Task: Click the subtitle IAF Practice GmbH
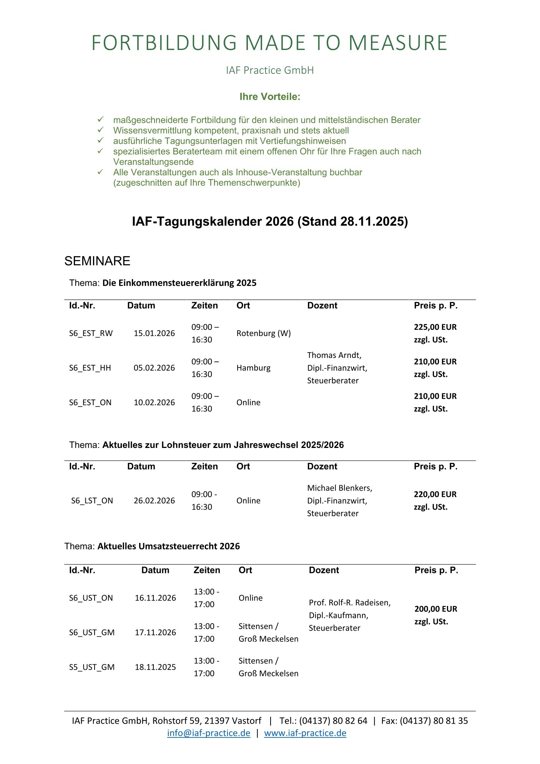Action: tap(270, 70)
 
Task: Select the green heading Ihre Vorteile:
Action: tap(270, 97)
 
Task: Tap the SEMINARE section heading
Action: tap(97, 261)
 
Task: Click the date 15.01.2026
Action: tap(154, 333)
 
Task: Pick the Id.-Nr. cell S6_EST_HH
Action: tap(90, 368)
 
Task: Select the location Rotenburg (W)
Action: tap(264, 333)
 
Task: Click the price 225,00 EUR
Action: tap(435, 327)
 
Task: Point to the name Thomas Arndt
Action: tap(334, 355)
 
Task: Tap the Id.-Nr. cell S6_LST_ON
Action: tap(92, 501)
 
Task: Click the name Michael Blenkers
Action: tap(339, 488)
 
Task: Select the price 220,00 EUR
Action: tap(435, 494)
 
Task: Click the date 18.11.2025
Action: tap(155, 667)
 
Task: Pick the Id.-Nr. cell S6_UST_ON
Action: tap(91, 598)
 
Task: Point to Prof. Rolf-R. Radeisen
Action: tap(350, 603)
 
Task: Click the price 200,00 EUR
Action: tap(435, 609)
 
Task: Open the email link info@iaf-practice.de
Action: tap(209, 733)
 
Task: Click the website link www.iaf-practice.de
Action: tap(305, 733)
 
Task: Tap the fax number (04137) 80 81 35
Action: tap(434, 721)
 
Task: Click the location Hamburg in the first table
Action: tap(253, 368)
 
